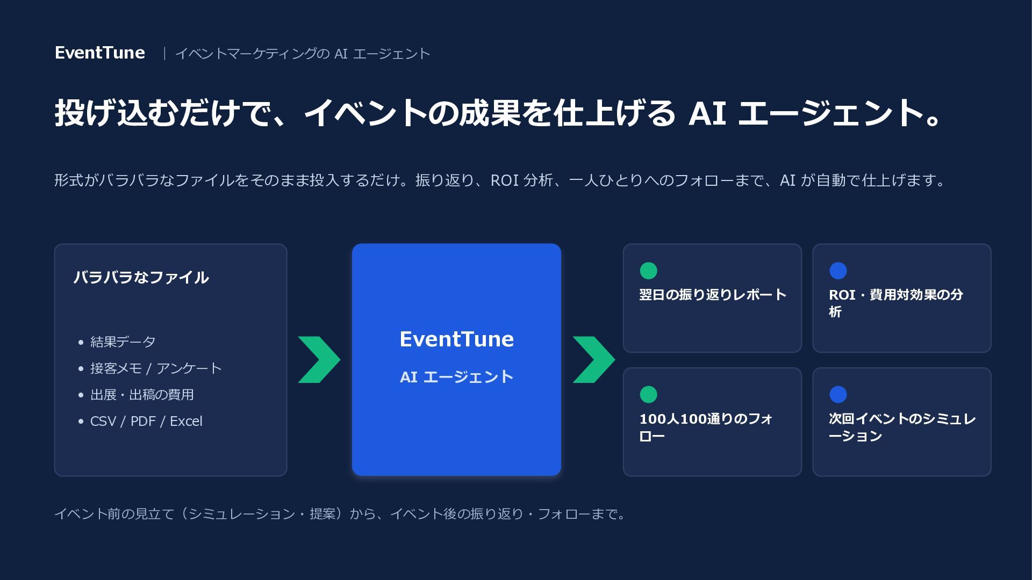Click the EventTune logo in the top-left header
pos(100,53)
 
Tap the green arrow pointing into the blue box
pos(319,360)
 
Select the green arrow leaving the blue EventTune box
pos(594,360)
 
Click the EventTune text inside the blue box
pos(456,339)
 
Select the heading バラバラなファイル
pos(141,278)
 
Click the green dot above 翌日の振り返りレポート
pos(648,271)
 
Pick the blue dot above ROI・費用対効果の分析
pos(838,271)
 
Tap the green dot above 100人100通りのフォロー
pos(648,395)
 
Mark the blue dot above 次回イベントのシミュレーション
pos(838,395)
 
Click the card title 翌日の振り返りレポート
pos(713,295)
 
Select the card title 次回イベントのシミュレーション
pos(902,427)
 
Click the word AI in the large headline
pos(707,113)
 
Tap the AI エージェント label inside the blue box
pos(456,377)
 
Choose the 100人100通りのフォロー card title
pos(706,427)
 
